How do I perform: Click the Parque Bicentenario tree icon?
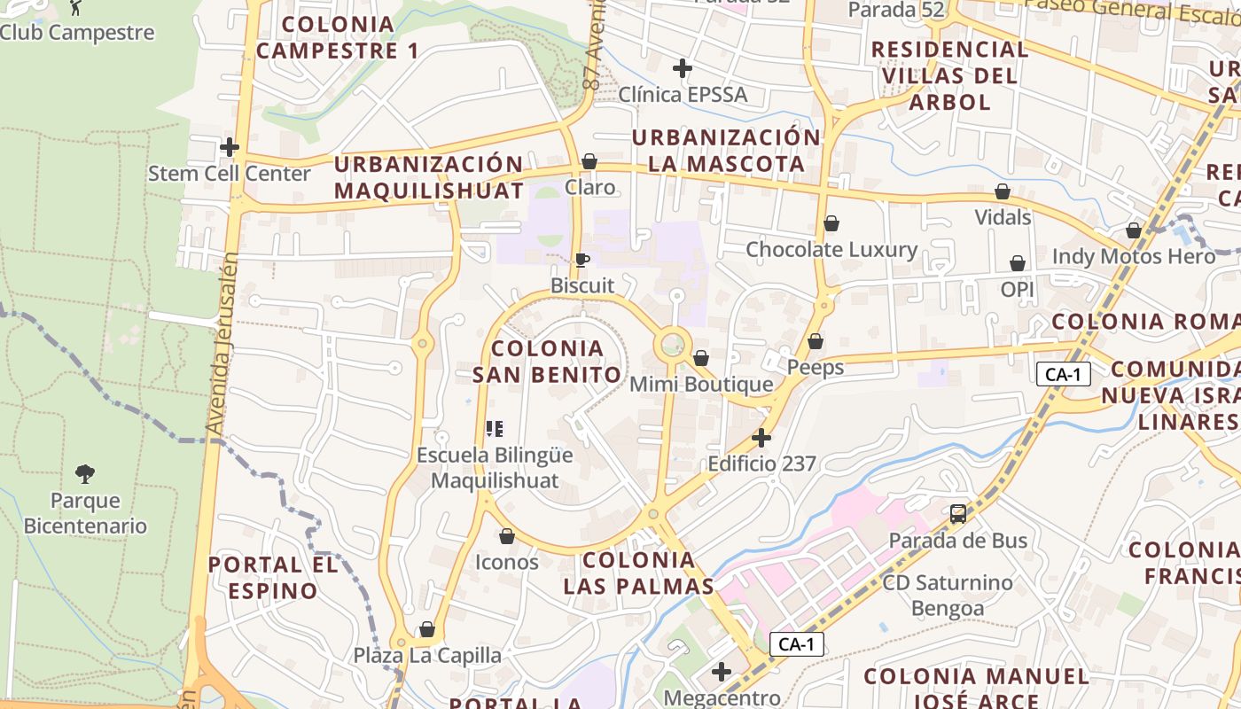pos(85,474)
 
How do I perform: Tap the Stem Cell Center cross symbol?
pos(230,146)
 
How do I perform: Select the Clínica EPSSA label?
pos(683,94)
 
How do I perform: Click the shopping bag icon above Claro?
pos(589,161)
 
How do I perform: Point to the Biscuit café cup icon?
pos(581,260)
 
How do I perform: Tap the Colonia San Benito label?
pos(547,362)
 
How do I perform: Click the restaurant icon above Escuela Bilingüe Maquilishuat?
pos(495,429)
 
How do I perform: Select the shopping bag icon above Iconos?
pos(507,536)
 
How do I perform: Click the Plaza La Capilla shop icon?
pos(427,629)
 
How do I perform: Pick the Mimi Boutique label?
pos(701,385)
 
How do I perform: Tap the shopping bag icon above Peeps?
pos(816,341)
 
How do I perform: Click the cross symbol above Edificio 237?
pos(761,438)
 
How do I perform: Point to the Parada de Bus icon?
pos(958,513)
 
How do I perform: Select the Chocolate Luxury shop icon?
pos(831,223)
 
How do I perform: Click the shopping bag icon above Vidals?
pos(1003,191)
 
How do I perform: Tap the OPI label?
pos(1018,290)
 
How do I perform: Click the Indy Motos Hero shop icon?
pos(1134,230)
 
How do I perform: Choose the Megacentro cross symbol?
pos(722,672)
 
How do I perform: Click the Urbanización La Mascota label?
pos(726,151)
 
